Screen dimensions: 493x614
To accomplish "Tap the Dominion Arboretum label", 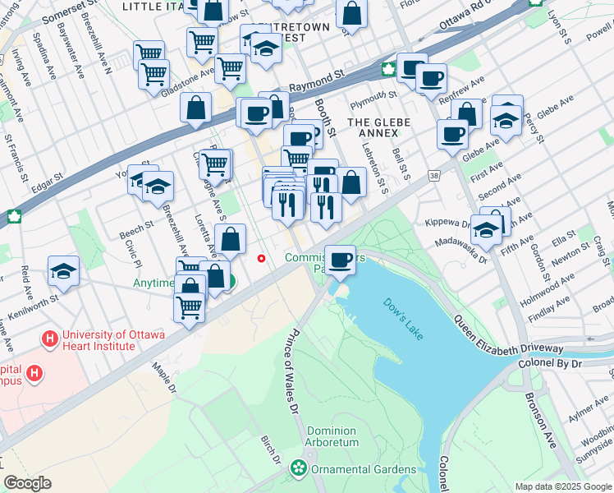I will [332, 436].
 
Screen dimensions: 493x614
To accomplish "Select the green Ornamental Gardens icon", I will [297, 469].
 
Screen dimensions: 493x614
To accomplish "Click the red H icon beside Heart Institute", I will [51, 338].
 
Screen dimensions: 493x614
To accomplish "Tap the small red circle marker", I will [262, 258].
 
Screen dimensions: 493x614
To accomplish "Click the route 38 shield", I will [433, 175].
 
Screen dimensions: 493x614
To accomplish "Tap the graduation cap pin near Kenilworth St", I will [63, 271].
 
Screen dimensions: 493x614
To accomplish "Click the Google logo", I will [28, 482].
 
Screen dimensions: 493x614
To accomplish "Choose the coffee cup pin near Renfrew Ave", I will [431, 79].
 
